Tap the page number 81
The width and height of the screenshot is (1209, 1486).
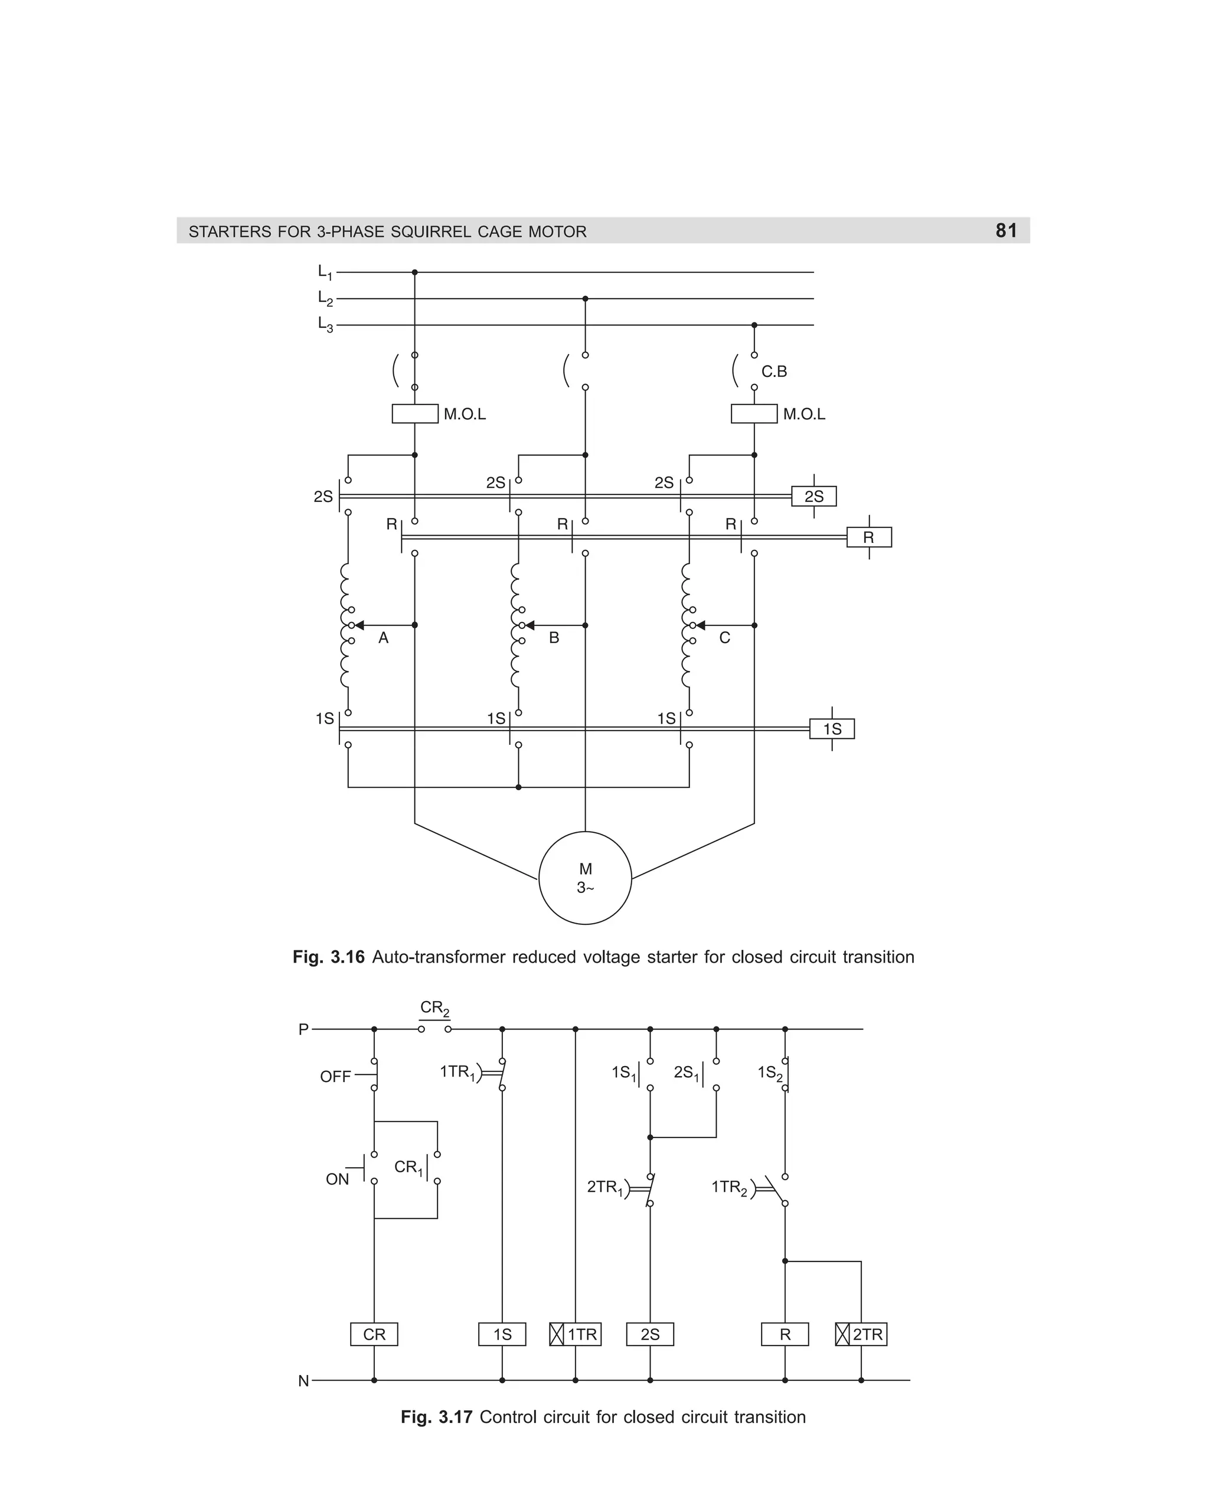tap(1007, 230)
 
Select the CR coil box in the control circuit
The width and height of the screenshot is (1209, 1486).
tap(374, 1334)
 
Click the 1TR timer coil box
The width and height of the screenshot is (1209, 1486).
tap(575, 1334)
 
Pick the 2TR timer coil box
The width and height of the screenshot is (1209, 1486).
tap(861, 1334)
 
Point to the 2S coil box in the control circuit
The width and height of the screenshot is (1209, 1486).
tap(650, 1334)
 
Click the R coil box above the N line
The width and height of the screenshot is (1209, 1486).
tap(785, 1334)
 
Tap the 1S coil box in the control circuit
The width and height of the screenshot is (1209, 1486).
tap(502, 1334)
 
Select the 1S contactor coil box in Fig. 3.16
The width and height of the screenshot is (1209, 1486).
tap(832, 729)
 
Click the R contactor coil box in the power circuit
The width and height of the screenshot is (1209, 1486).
tap(868, 537)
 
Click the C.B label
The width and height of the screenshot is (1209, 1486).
tap(774, 371)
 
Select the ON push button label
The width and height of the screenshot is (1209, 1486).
tap(337, 1179)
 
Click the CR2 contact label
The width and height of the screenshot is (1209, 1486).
tap(434, 1008)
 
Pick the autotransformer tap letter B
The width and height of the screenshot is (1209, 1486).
tap(554, 638)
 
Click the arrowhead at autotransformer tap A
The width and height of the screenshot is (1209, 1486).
tap(360, 625)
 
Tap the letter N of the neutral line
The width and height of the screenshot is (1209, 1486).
tap(303, 1381)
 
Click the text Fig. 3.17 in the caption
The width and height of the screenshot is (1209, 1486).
tap(437, 1417)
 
